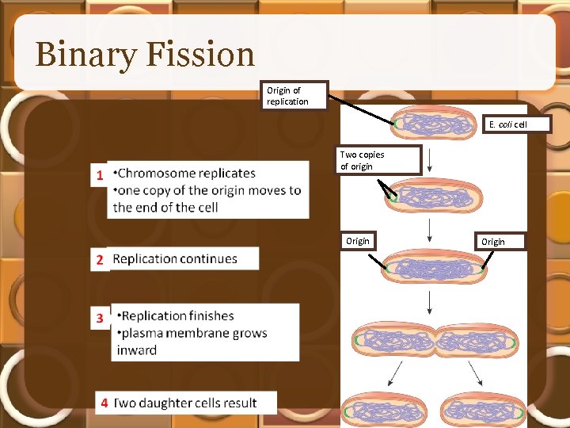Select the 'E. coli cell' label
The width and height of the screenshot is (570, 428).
pos(507,124)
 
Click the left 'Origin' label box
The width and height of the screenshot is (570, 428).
pos(358,241)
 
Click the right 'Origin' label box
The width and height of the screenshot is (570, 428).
pos(492,242)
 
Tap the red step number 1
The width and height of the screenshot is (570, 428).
pos(101,175)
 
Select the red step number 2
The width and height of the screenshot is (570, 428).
pos(101,259)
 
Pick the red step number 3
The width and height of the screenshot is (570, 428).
pos(101,318)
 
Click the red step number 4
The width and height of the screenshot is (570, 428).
pos(104,403)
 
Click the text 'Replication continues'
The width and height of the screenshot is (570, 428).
pos(175,259)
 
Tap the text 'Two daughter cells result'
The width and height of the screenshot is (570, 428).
pos(185,403)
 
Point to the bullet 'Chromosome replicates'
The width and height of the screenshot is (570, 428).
pos(185,173)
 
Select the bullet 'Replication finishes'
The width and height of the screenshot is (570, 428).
pos(177,315)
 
